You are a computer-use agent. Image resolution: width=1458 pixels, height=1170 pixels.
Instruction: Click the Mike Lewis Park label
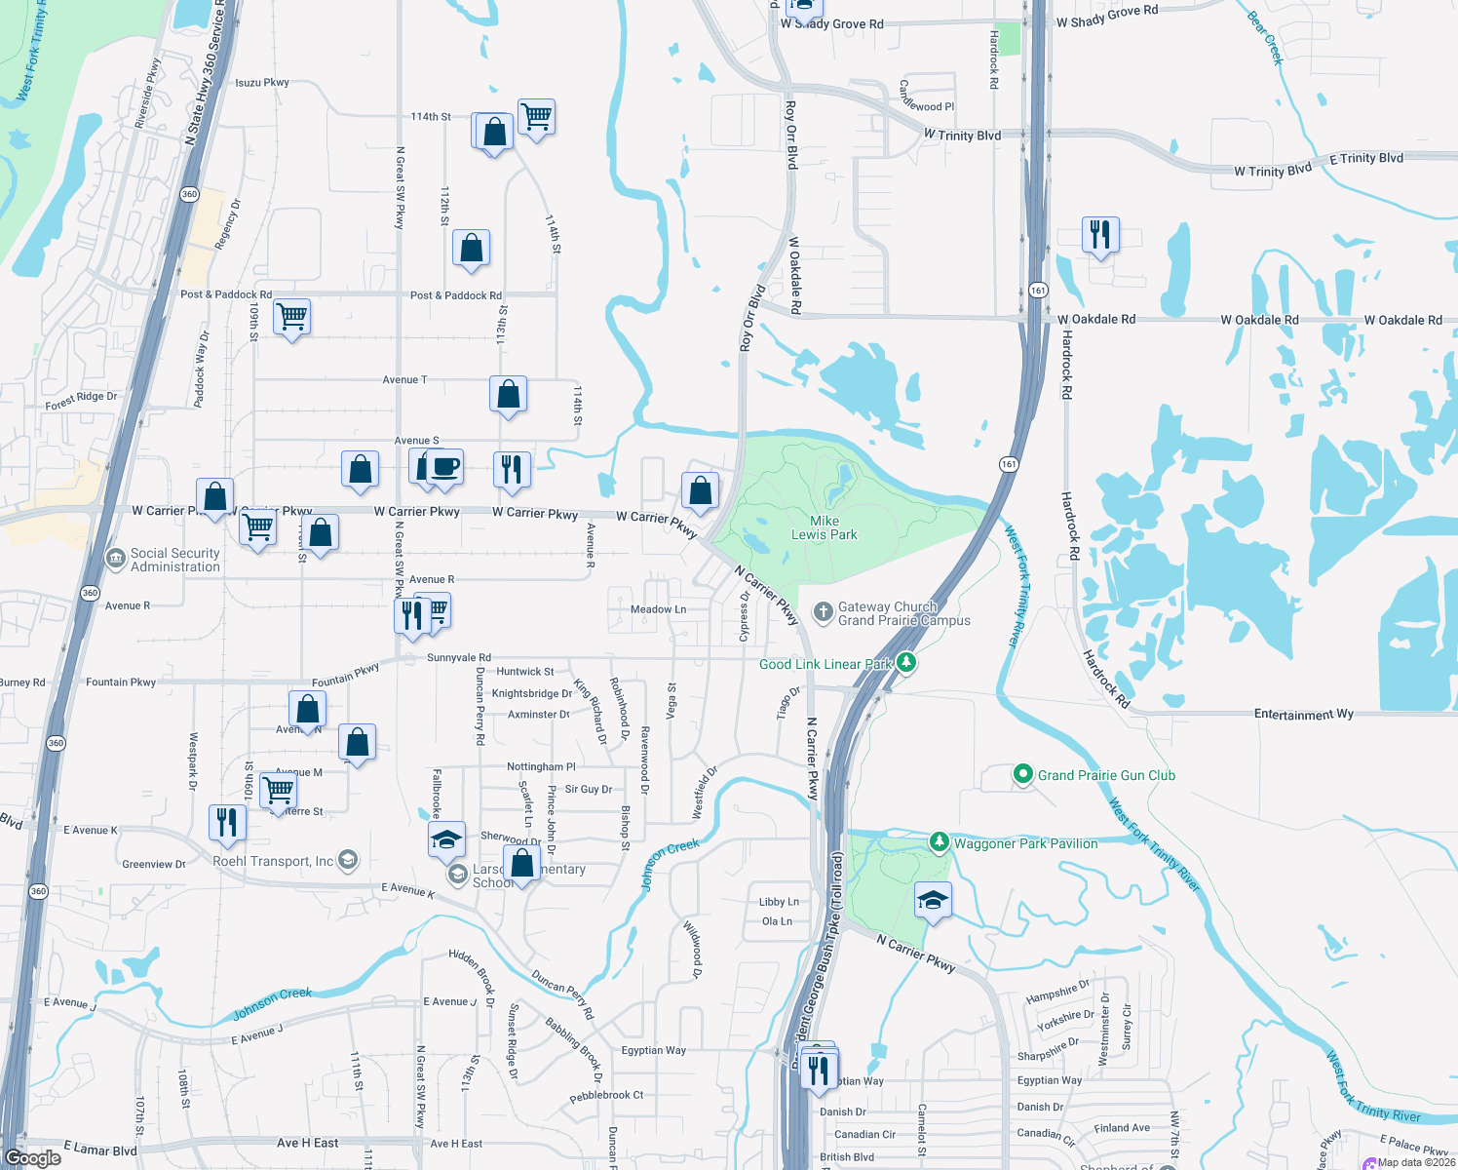(824, 527)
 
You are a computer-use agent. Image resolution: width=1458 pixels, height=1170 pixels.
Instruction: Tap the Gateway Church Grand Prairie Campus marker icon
(823, 612)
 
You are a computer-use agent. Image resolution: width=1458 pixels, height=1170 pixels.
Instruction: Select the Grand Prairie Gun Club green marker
(1022, 775)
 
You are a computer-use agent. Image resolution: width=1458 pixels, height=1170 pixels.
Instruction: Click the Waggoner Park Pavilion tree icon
(939, 841)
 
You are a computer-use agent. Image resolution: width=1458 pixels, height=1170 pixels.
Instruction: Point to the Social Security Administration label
(175, 560)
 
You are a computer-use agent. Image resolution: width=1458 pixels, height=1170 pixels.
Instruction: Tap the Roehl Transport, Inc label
(273, 861)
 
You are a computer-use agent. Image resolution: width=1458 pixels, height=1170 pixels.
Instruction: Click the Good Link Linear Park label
(825, 664)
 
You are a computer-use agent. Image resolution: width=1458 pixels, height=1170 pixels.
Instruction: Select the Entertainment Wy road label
(1303, 715)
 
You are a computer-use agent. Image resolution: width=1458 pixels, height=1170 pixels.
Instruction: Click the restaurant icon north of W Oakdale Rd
(1100, 235)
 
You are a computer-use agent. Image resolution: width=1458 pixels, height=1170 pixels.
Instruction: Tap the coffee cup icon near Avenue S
(445, 467)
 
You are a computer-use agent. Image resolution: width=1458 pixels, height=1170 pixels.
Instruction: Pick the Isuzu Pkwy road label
(262, 83)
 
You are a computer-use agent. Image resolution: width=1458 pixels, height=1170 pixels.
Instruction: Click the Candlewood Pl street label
(926, 97)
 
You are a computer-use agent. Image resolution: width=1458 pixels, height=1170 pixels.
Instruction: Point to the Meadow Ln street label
(658, 609)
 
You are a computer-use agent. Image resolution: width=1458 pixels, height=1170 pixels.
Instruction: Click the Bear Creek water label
(1266, 37)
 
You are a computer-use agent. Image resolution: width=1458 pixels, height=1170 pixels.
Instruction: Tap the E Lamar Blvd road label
(100, 1149)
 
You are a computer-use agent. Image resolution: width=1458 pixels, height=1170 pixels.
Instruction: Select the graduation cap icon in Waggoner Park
(933, 900)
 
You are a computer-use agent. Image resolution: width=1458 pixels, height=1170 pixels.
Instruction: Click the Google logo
(33, 1158)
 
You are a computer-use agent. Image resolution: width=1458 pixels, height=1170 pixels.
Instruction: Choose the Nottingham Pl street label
(541, 767)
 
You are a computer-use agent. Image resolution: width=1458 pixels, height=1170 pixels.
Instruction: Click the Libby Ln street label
(779, 902)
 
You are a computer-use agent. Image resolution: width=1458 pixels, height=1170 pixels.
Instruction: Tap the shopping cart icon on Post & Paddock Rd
(291, 316)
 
